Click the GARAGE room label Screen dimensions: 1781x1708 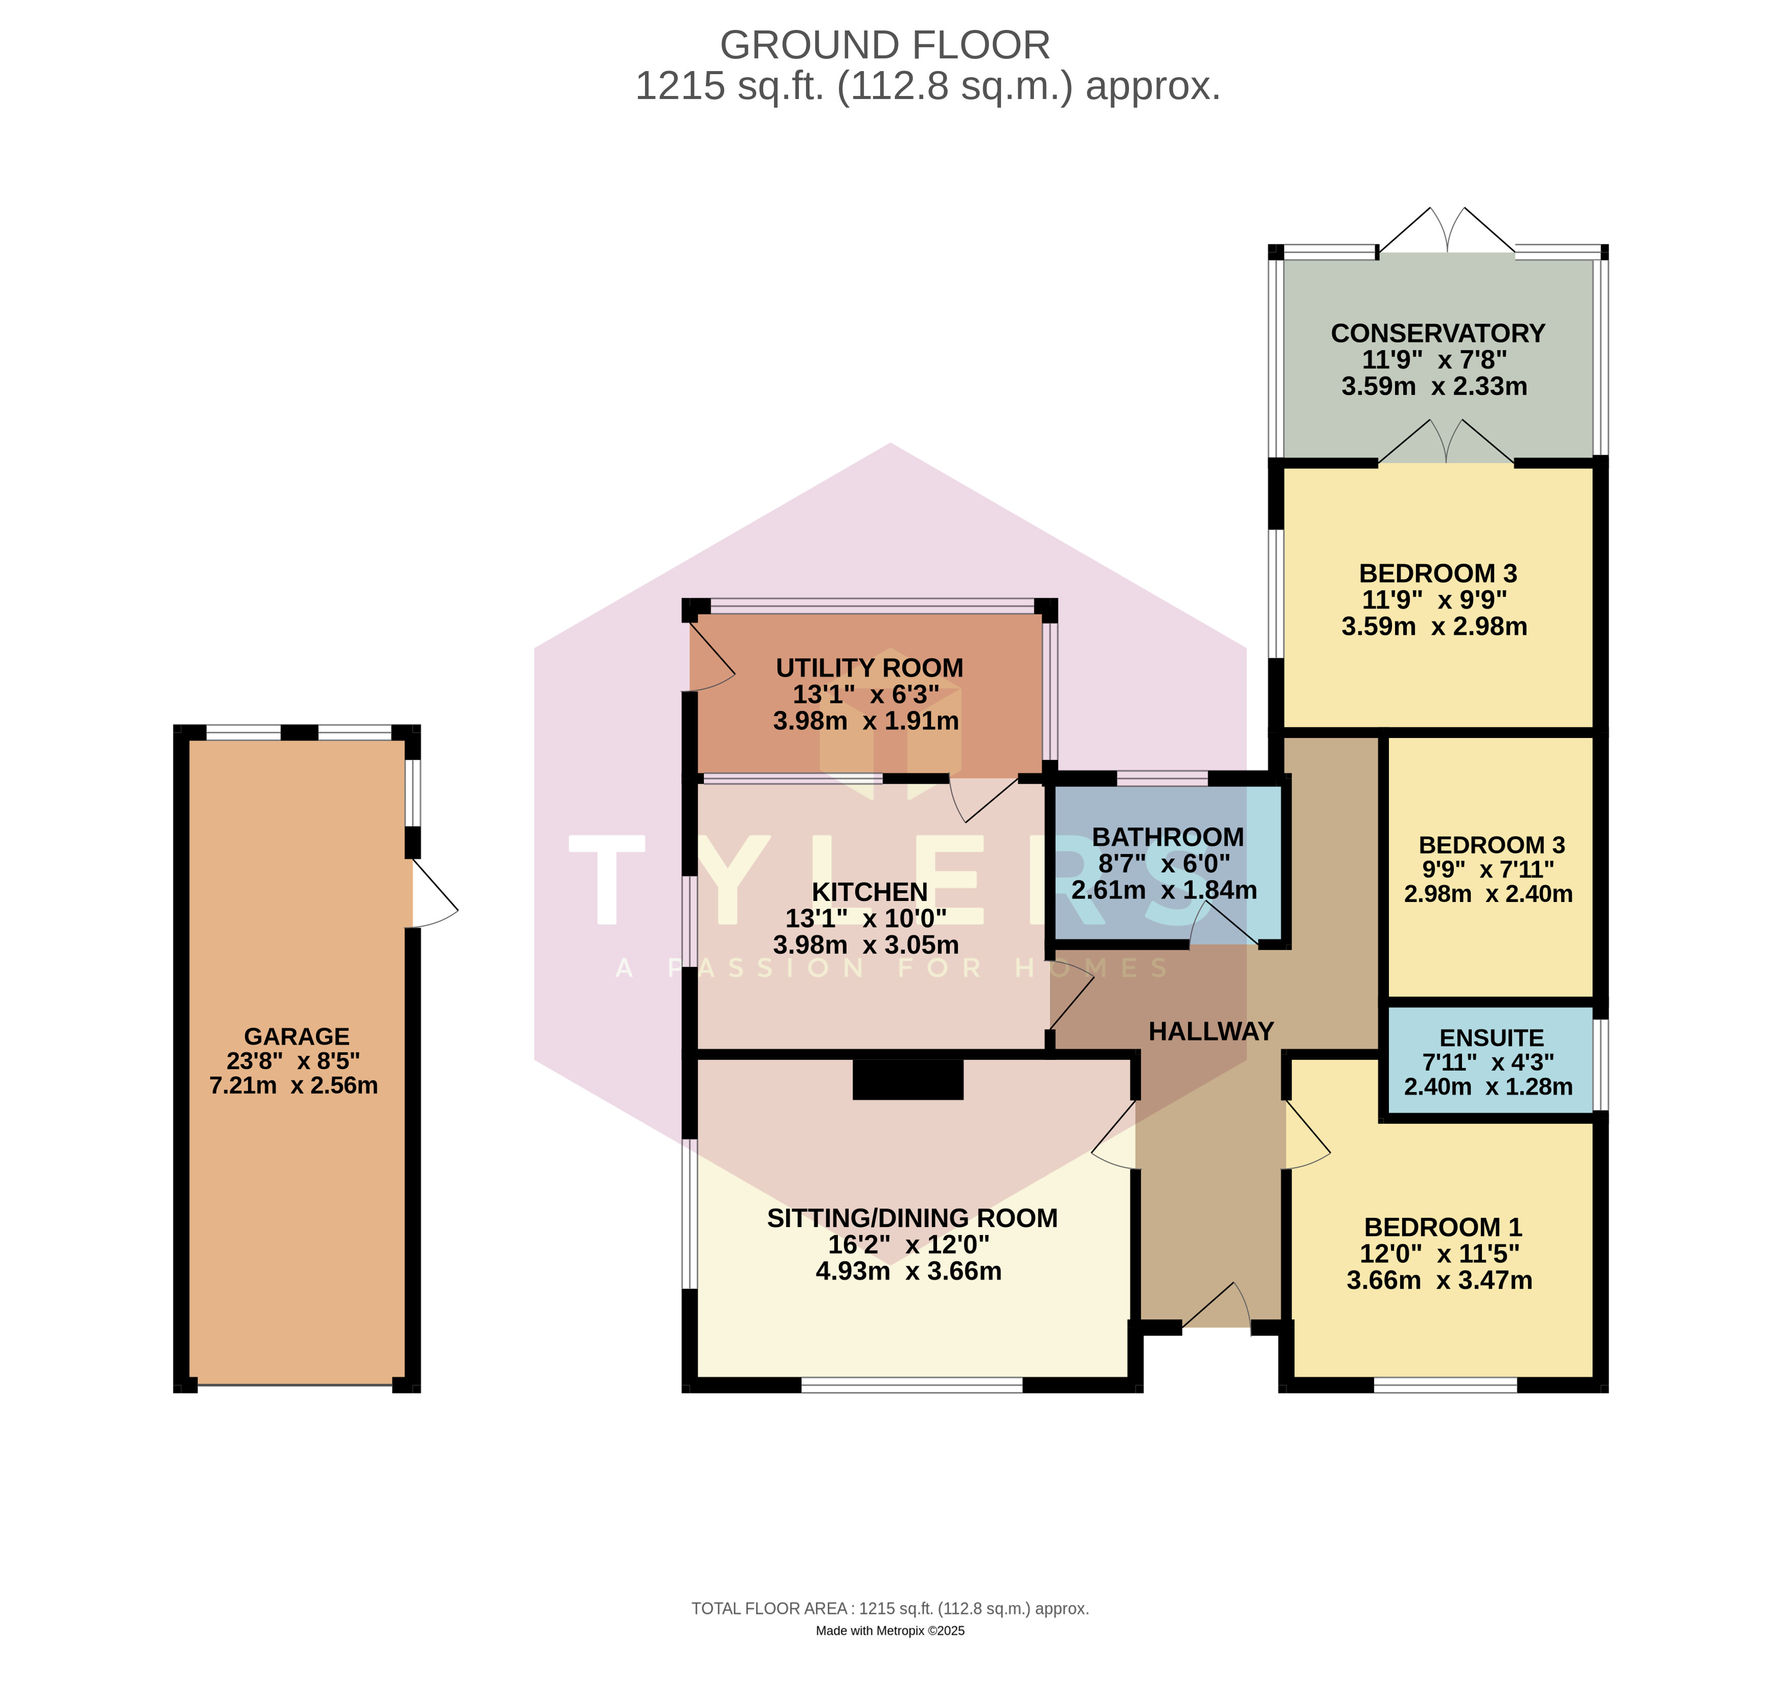pyautogui.click(x=296, y=1037)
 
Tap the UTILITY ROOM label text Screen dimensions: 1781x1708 pyautogui.click(x=869, y=668)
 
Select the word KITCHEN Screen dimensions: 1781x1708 pyautogui.click(x=869, y=892)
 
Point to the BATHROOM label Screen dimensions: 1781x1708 pyautogui.click(x=1168, y=837)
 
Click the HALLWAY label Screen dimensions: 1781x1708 pyautogui.click(x=1211, y=1031)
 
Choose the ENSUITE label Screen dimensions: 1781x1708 pyautogui.click(x=1491, y=1039)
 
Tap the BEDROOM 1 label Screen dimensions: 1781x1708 pyautogui.click(x=1443, y=1228)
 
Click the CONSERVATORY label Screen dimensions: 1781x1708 pyautogui.click(x=1438, y=334)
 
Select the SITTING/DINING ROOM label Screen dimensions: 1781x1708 pyautogui.click(x=912, y=1218)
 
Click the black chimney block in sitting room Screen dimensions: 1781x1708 pyautogui.click(x=908, y=1079)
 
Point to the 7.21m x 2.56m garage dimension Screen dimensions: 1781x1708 pyautogui.click(x=294, y=1086)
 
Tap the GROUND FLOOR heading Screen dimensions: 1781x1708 pyautogui.click(x=885, y=45)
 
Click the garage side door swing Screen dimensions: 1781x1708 pyautogui.click(x=434, y=893)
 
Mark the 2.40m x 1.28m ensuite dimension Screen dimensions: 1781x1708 pyautogui.click(x=1488, y=1086)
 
